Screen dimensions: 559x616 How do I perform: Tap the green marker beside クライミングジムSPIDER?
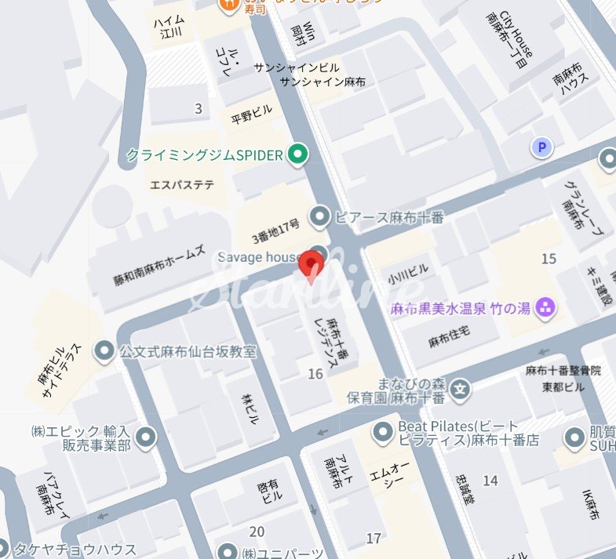point(297,155)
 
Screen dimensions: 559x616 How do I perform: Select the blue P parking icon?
point(541,147)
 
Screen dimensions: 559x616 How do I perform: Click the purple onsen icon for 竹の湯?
point(545,308)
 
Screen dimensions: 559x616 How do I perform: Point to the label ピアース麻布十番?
point(388,217)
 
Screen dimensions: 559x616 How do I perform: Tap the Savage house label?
point(258,257)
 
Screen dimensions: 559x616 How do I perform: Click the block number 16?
point(315,374)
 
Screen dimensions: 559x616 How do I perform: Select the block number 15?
point(549,259)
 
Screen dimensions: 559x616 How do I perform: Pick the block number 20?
point(256,531)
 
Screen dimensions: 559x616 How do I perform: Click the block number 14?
point(490,480)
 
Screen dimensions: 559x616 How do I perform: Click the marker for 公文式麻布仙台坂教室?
point(104,352)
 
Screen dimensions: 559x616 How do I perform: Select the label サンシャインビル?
point(296,68)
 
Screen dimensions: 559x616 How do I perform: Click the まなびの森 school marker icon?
point(462,387)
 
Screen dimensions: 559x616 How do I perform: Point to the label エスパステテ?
point(182,185)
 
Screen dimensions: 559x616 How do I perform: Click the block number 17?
point(374,538)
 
